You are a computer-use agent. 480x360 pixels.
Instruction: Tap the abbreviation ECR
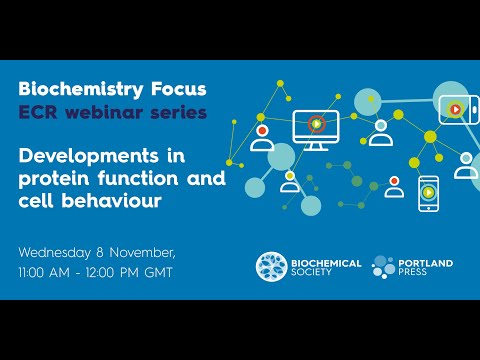[39, 112]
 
